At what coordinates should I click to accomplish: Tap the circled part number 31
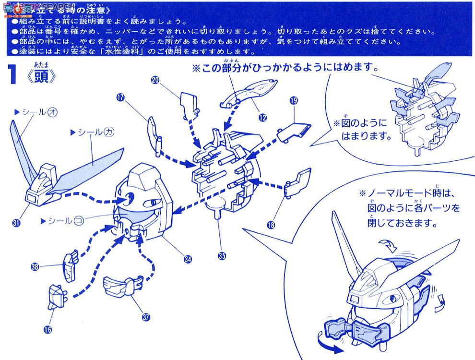[17, 222]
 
